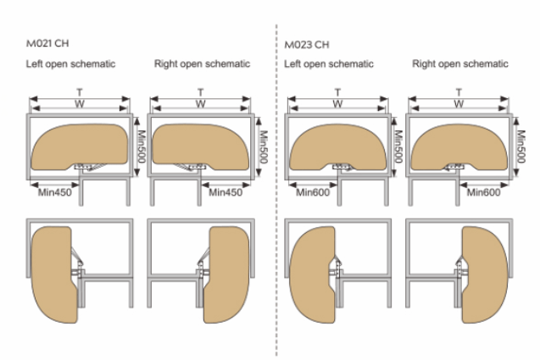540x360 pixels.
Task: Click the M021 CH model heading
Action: coord(46,42)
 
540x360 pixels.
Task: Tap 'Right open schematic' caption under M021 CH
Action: coord(202,64)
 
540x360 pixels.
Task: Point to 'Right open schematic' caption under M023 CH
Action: coord(460,64)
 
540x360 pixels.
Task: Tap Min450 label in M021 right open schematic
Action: coord(225,192)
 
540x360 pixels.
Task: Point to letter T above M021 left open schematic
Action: coord(81,91)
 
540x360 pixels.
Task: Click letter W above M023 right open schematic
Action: coord(459,104)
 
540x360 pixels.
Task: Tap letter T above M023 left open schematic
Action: coord(337,91)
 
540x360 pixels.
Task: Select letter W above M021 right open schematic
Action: coord(200,104)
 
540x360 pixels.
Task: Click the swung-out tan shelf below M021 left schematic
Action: coord(51,272)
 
